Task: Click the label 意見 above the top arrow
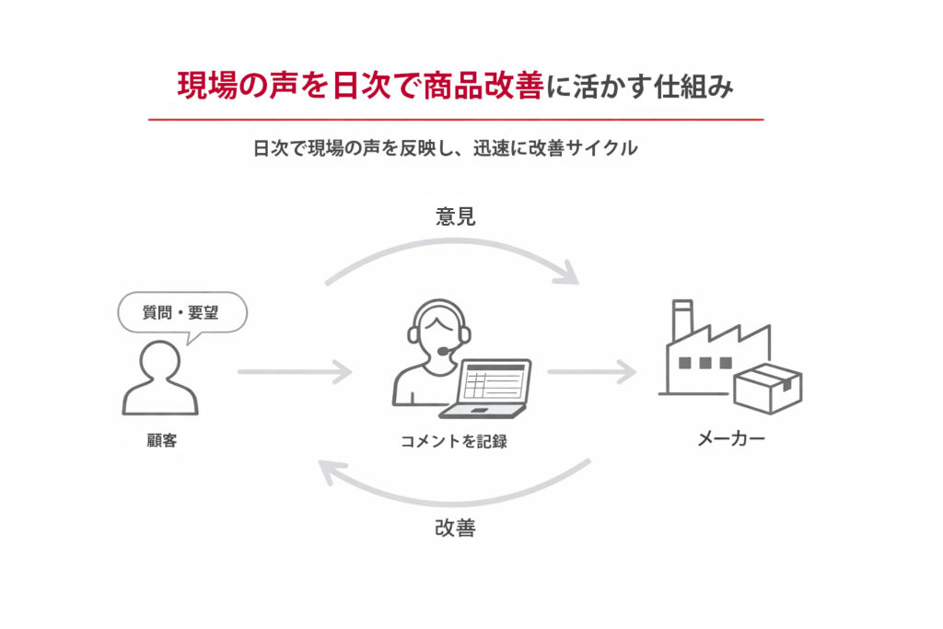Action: pos(455,217)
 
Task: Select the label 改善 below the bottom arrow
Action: pos(455,530)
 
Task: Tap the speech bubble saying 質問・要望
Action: pos(183,312)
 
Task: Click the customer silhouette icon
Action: pos(159,379)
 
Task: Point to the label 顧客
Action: pos(160,441)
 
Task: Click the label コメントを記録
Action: pos(453,442)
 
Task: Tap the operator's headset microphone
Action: pos(444,351)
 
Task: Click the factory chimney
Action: pos(681,321)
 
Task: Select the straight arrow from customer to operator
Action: pos(295,373)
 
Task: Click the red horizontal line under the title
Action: pos(456,120)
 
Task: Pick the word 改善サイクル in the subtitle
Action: pos(581,148)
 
